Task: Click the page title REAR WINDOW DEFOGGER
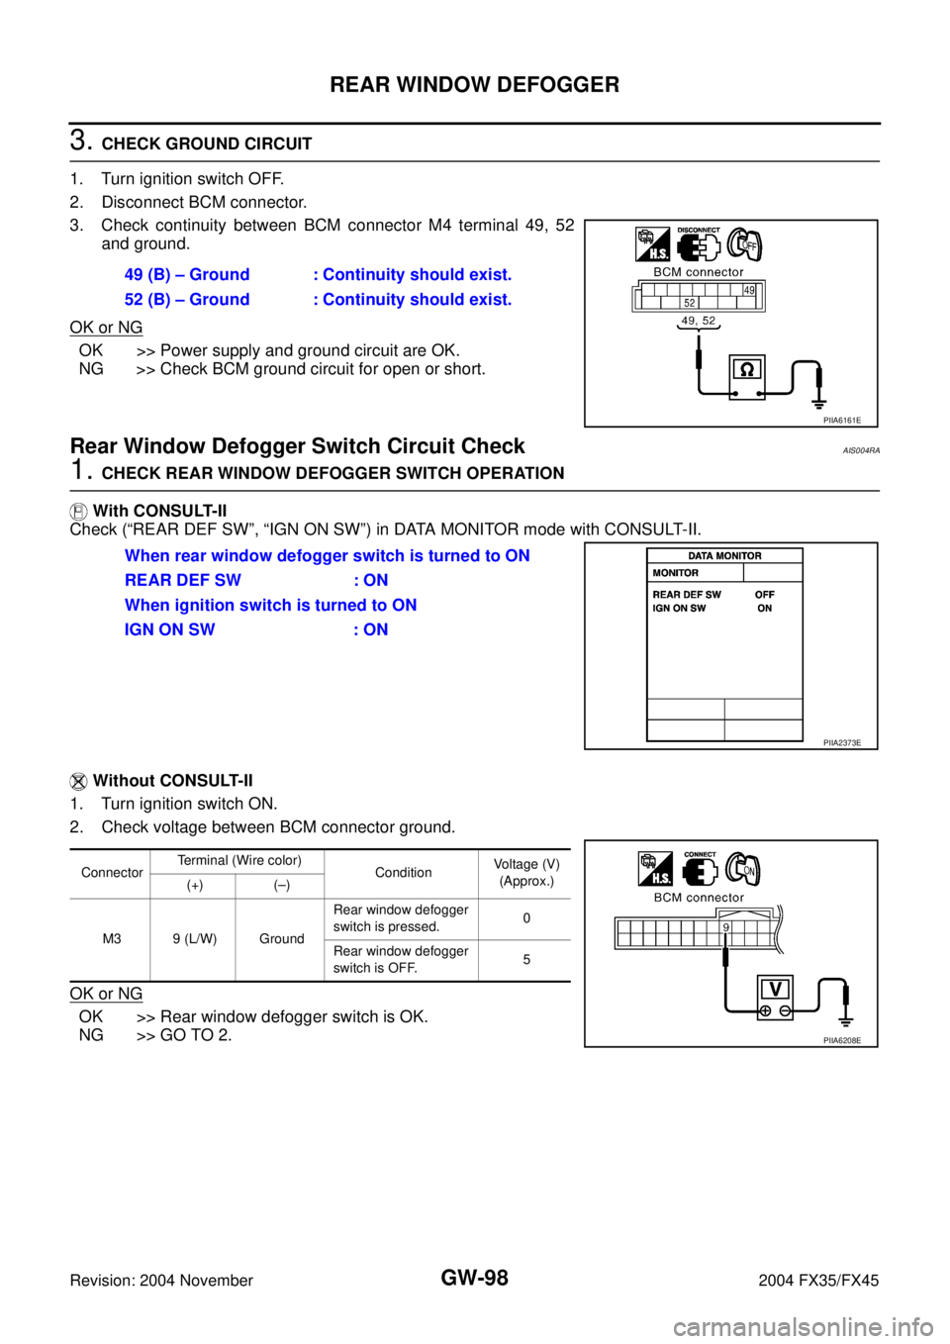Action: click(474, 84)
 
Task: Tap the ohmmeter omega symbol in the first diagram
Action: click(747, 371)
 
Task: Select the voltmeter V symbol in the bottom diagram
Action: click(775, 988)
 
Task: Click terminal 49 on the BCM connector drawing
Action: click(749, 290)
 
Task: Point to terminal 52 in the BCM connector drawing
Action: click(690, 303)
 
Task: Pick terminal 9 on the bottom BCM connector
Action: click(725, 927)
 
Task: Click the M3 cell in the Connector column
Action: click(112, 938)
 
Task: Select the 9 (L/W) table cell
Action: click(194, 938)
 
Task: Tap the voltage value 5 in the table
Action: click(526, 959)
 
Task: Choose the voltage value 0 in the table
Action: click(526, 918)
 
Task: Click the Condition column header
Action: click(403, 872)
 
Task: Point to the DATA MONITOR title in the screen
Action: click(724, 555)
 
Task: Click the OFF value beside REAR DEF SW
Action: click(765, 594)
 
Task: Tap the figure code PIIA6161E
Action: click(842, 420)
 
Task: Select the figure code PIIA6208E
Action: click(842, 1040)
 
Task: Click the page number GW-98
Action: click(474, 1278)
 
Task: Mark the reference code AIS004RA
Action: click(861, 450)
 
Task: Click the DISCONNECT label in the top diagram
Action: click(699, 230)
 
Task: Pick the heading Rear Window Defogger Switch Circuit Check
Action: click(298, 445)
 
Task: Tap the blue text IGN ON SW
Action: click(170, 629)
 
